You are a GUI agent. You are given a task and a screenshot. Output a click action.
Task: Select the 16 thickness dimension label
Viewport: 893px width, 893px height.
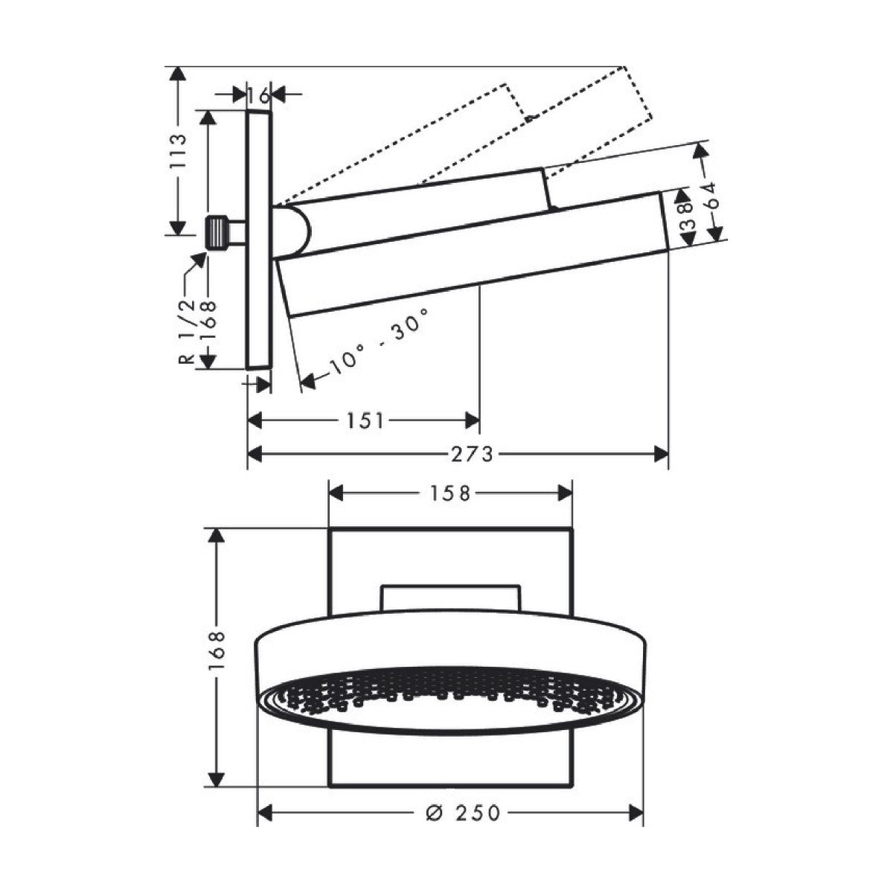(258, 95)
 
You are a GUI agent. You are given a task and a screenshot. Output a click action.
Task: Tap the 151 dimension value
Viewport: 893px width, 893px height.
(365, 421)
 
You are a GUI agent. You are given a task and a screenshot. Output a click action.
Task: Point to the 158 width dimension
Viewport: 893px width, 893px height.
(449, 493)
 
